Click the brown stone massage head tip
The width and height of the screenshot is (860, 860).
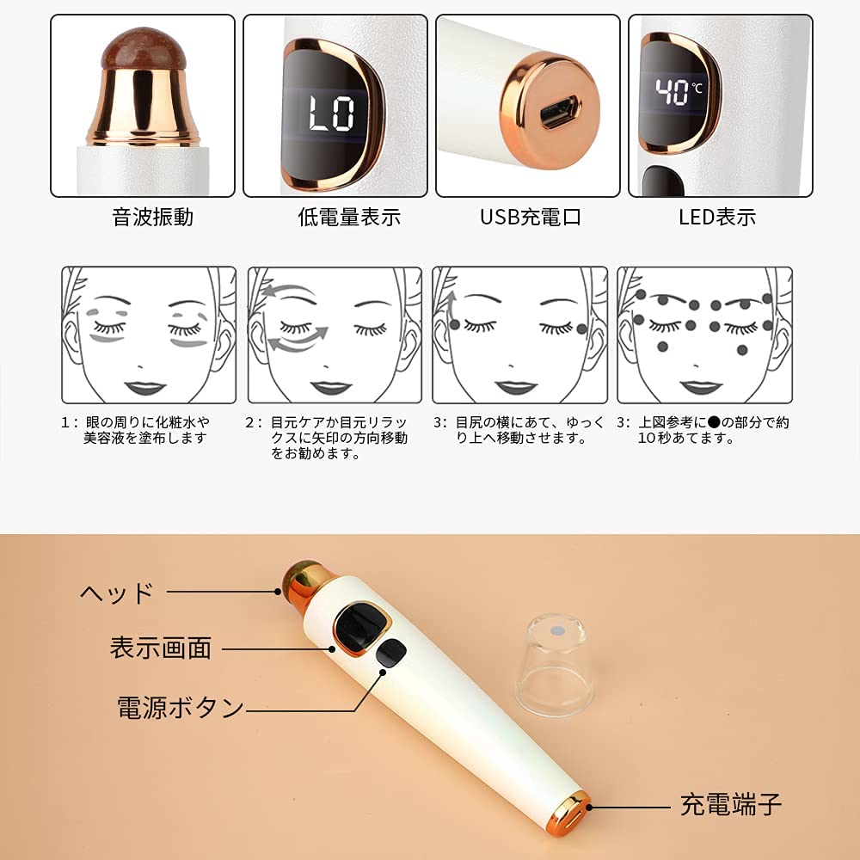[144, 49]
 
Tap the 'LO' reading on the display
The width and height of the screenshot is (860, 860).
[331, 114]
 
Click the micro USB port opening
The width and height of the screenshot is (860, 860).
[559, 113]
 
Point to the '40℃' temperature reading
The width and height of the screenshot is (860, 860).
[678, 91]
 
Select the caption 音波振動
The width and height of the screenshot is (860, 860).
[152, 218]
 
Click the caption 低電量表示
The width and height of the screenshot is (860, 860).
[349, 218]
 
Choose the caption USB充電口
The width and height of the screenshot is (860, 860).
[531, 218]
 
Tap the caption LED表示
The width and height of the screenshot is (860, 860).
[717, 218]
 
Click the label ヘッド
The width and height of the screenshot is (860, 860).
[117, 593]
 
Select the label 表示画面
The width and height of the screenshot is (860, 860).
[161, 648]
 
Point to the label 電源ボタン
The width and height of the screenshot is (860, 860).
[181, 707]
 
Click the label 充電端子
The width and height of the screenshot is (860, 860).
[731, 805]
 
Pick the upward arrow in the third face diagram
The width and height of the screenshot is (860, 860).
[451, 310]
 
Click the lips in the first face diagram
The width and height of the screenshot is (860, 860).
[145, 388]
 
